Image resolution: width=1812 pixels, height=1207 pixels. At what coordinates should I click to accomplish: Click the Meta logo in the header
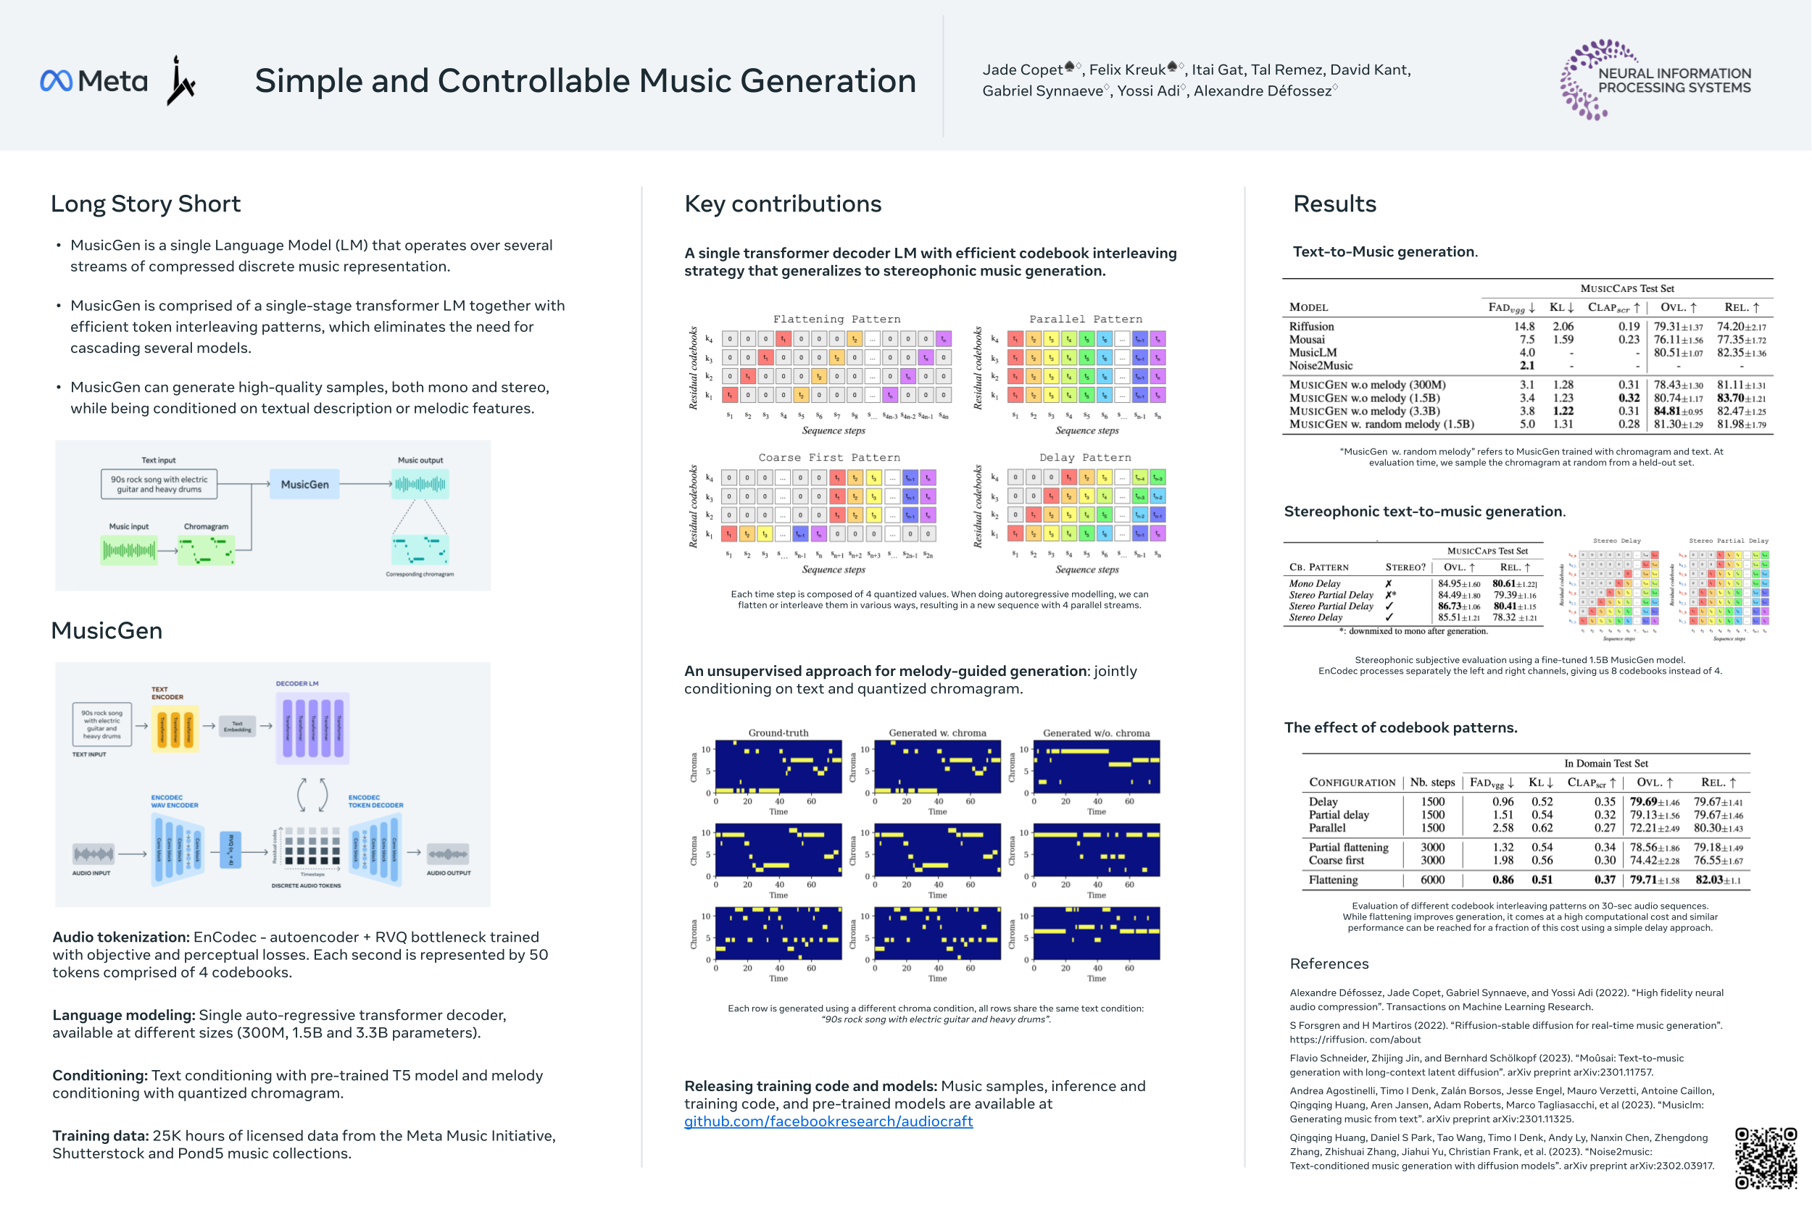tap(93, 81)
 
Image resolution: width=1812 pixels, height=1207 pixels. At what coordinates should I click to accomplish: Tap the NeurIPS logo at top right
tap(1655, 80)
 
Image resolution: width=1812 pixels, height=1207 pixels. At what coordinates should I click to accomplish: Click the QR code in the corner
tap(1765, 1158)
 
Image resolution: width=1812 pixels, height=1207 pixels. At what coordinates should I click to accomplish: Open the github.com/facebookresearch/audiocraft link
tap(828, 1122)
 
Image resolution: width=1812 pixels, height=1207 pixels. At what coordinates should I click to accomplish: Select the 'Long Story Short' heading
tap(146, 204)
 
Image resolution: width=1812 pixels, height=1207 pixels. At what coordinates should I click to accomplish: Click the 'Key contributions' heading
tap(782, 204)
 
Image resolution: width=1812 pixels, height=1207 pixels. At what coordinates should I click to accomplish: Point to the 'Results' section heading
tap(1334, 204)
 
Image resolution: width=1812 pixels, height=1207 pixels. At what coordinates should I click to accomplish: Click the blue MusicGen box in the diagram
tap(304, 485)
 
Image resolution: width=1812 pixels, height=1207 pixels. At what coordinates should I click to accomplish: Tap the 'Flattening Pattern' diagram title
tap(836, 319)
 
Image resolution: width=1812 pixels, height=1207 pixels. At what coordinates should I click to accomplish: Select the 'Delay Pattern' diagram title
tap(1085, 458)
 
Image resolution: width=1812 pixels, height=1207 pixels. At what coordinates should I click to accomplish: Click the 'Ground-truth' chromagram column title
tap(778, 733)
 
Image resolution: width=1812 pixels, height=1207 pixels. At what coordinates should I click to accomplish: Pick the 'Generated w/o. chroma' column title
tap(1096, 733)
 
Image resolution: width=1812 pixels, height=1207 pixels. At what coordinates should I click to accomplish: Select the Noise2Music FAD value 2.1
tap(1526, 366)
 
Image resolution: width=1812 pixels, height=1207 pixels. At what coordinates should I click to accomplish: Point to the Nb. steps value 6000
tap(1432, 880)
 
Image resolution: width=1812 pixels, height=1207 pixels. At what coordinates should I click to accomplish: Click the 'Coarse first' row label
tap(1336, 861)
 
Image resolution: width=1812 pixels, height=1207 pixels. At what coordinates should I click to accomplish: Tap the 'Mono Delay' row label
tap(1315, 583)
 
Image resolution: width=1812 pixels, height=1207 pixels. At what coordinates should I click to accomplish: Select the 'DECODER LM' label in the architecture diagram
tap(296, 684)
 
